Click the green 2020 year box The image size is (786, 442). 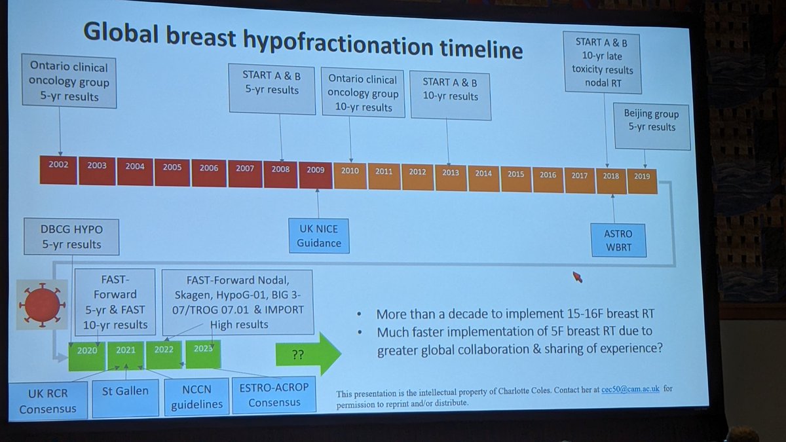click(x=87, y=350)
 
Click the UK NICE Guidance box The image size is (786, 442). click(x=318, y=235)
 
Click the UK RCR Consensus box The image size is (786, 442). click(x=48, y=400)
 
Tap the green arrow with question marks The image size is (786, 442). click(x=309, y=353)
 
